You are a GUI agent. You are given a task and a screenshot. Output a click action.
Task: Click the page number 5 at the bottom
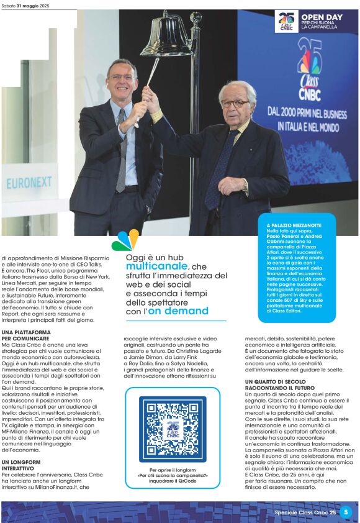click(346, 512)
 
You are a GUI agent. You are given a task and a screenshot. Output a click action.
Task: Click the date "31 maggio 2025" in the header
click(36, 5)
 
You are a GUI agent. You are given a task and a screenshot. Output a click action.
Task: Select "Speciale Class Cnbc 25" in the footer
click(305, 512)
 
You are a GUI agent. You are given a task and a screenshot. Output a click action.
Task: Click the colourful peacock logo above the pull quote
click(125, 241)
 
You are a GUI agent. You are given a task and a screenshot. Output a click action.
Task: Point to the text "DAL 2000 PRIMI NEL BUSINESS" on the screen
click(298, 113)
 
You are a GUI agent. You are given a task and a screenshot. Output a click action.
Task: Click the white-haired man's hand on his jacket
click(232, 185)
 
